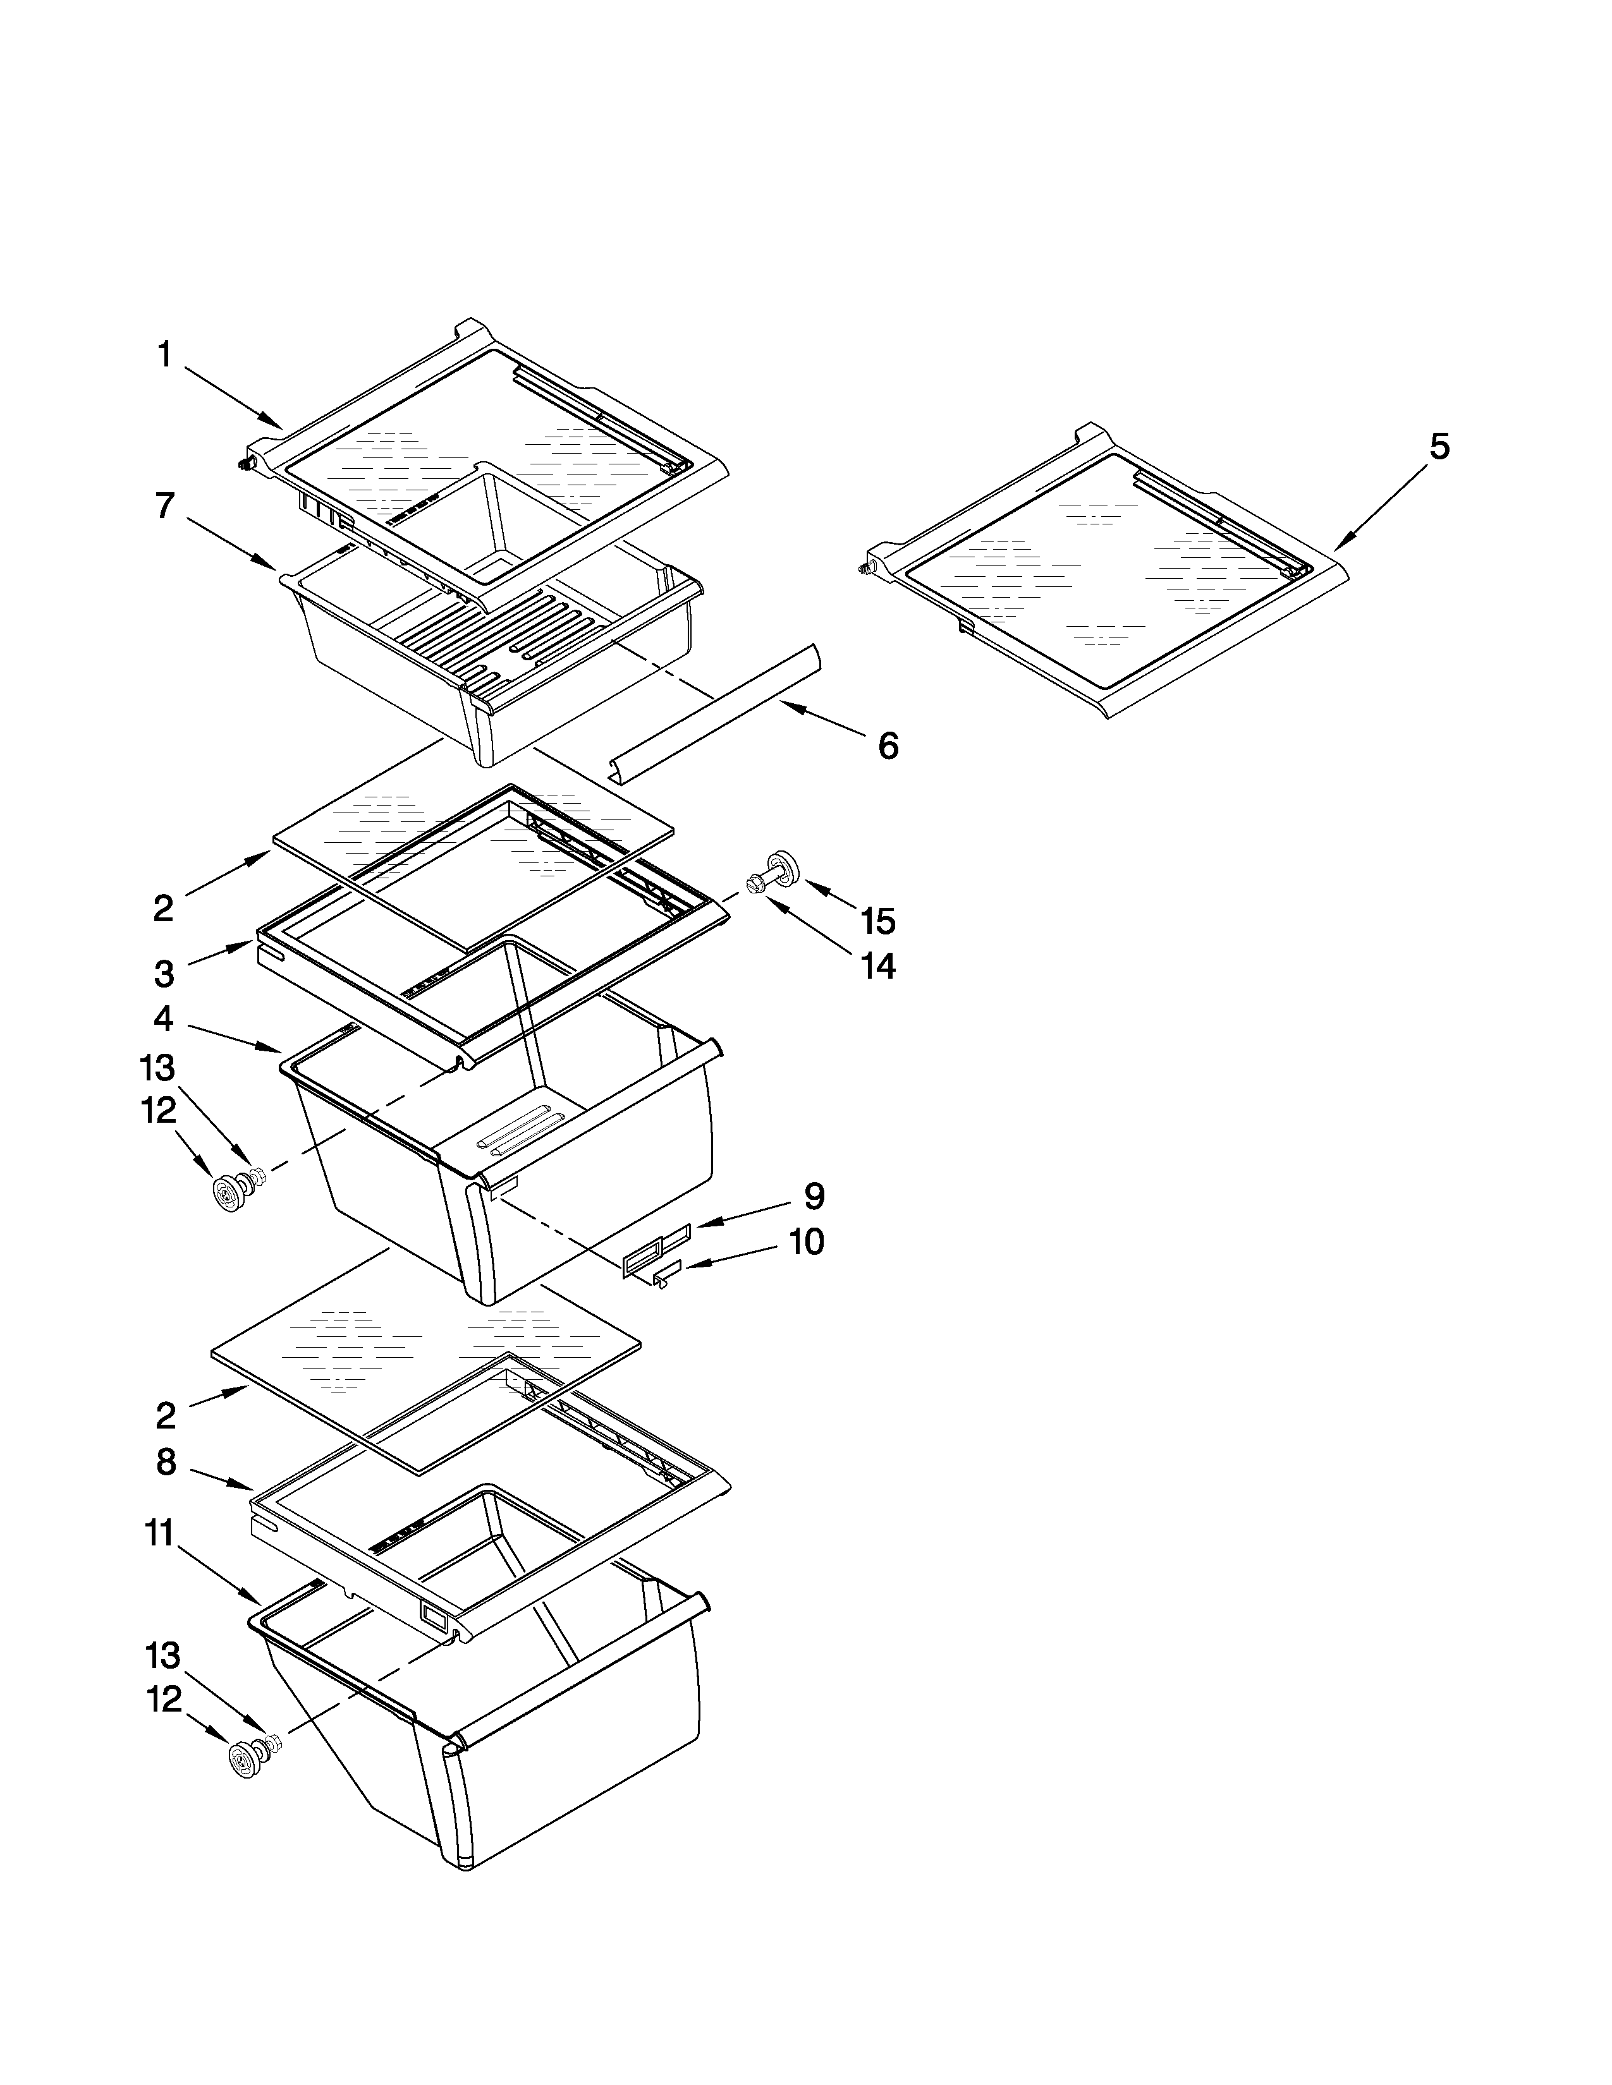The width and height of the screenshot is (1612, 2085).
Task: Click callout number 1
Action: point(164,355)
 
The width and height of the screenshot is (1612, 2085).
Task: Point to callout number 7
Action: point(164,506)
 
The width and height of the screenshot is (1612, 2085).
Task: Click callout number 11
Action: point(159,1534)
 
